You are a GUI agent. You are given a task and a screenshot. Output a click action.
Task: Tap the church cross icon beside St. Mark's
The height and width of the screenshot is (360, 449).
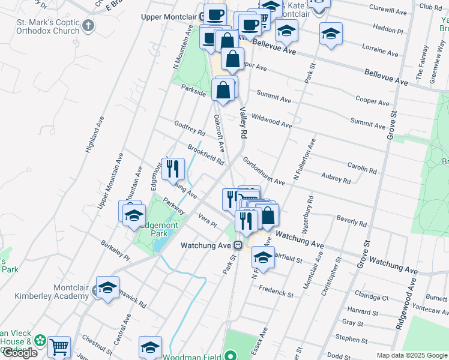(x=89, y=25)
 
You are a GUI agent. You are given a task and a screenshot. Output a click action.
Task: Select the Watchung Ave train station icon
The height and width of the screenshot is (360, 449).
(x=238, y=245)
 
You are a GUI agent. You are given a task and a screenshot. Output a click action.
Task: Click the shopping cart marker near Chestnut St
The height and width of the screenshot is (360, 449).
(x=59, y=347)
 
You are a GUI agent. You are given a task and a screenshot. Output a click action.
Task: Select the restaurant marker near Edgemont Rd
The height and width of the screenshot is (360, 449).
(x=173, y=169)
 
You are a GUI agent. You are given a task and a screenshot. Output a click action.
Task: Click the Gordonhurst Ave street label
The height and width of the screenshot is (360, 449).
(x=264, y=171)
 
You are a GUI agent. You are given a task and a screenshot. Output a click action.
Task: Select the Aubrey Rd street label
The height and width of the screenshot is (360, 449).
(x=336, y=177)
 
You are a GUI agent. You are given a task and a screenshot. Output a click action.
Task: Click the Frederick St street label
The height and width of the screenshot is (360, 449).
(x=276, y=292)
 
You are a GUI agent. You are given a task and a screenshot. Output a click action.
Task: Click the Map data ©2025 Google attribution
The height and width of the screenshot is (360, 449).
(x=412, y=355)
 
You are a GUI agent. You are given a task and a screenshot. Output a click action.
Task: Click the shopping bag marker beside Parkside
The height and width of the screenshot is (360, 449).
(x=223, y=91)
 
